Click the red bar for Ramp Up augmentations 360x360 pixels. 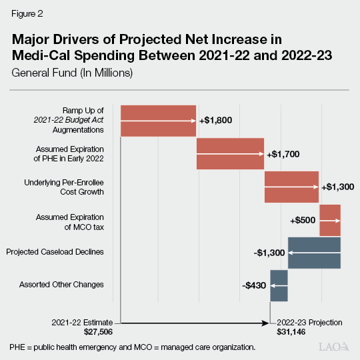coord(158,121)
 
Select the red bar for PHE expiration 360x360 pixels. coord(230,153)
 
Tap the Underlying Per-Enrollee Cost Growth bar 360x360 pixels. coord(291,187)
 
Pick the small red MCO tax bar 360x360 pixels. coord(330,220)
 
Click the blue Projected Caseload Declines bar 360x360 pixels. coord(314,253)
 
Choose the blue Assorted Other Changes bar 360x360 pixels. coord(279,285)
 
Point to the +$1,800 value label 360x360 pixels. coord(215,121)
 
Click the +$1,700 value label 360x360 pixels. coord(283,154)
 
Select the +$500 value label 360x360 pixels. coord(303,220)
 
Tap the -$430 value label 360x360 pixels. coord(255,285)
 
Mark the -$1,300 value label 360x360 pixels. coord(270,253)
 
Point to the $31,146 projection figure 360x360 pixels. coord(293,331)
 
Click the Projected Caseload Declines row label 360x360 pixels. coord(55,251)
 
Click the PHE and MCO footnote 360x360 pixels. coord(132,348)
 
